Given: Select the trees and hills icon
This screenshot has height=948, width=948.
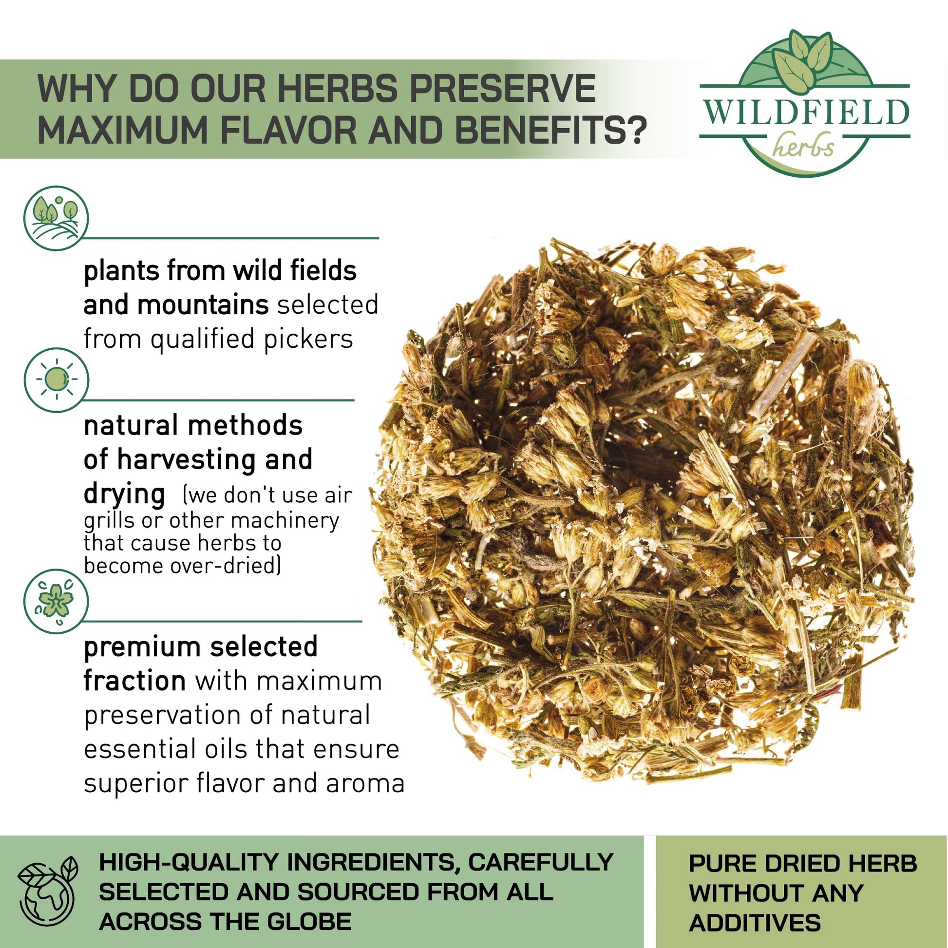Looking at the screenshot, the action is click(x=56, y=218).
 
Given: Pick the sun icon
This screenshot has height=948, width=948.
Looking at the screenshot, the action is click(x=56, y=380).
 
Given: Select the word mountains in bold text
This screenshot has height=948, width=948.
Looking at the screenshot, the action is click(x=202, y=305).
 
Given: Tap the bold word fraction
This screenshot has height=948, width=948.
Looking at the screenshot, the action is click(x=134, y=681).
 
